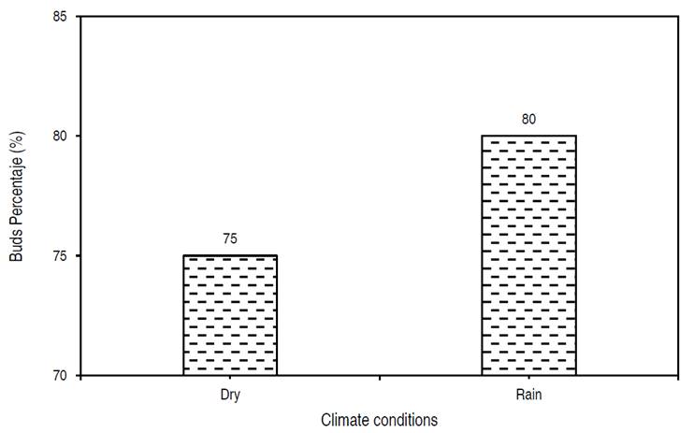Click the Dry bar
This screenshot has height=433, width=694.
pos(230,315)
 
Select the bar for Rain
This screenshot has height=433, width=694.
pos(528,255)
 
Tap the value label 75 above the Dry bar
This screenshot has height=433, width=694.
pos(230,238)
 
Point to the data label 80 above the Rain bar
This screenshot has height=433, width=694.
pos(528,119)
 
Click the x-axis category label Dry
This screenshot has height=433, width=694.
pos(230,395)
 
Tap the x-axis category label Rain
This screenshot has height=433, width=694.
pos(528,395)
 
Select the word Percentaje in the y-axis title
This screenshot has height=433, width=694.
pos(17,192)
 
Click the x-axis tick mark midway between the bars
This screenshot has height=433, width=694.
pos(379,379)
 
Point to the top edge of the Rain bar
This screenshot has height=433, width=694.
pos(528,136)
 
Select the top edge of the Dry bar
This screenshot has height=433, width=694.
pos(230,255)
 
